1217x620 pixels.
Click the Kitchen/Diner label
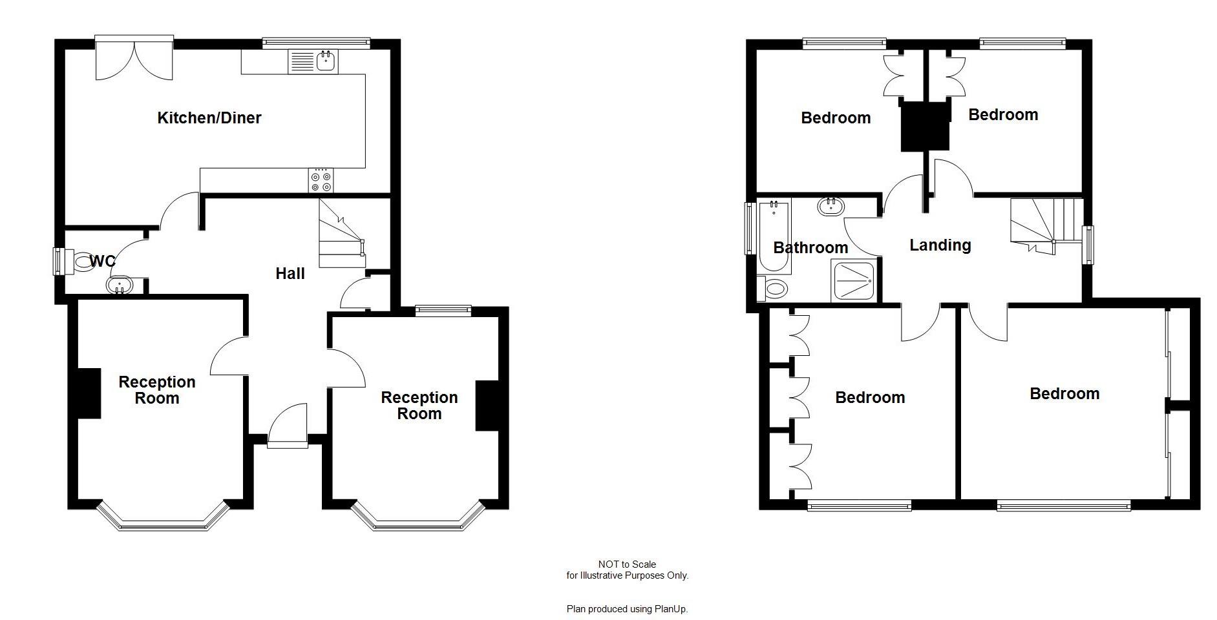coord(209,118)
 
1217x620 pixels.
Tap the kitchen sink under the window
coord(326,62)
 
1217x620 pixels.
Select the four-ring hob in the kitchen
coord(321,180)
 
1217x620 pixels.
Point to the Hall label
coord(290,273)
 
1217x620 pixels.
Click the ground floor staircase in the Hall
coord(341,234)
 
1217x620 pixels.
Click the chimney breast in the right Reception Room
coord(487,406)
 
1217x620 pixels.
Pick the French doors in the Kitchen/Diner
coord(134,60)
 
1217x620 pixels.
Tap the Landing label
coord(940,245)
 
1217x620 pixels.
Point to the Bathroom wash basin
coord(831,207)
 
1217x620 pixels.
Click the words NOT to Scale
coord(627,564)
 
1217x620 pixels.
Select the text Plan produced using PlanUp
coord(627,609)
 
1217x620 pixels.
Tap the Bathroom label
coord(810,248)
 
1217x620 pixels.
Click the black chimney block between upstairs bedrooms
coord(925,126)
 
